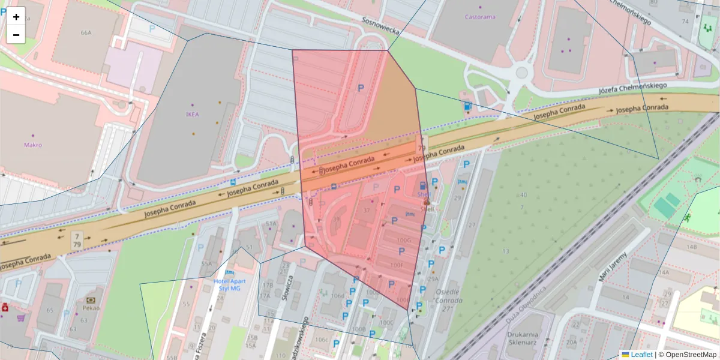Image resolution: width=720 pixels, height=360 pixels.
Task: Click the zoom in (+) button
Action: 16,17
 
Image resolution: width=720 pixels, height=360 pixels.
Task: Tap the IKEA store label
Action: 192,113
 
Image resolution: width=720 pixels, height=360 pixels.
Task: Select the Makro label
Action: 33,145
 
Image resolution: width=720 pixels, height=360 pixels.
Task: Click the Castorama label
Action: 480,17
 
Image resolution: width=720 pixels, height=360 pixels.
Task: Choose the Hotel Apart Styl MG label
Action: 227,284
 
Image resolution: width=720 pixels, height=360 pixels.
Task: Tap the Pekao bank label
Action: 91,307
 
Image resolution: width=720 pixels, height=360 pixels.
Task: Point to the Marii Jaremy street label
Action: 613,267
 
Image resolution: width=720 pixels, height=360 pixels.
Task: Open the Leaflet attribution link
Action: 641,355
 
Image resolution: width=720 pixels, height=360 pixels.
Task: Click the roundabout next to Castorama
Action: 521,73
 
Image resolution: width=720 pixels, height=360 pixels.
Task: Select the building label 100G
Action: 404,241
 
